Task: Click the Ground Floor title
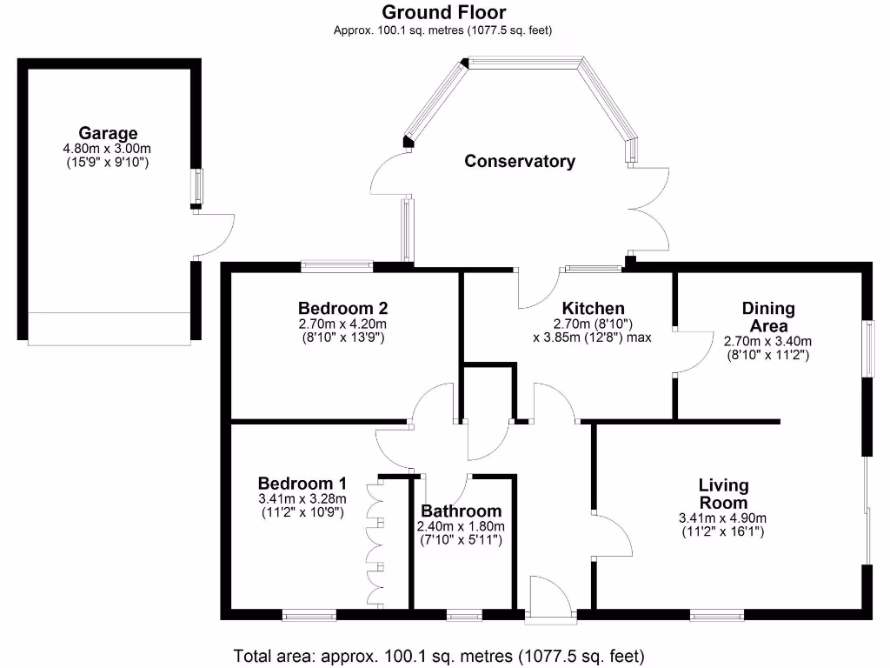pos(443,12)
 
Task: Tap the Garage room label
pos(108,133)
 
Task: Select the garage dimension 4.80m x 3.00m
pos(108,149)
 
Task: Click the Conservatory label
pos(519,161)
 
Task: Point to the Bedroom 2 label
pos(342,308)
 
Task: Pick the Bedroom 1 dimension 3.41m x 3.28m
pos(302,499)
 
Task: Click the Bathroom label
pos(461,511)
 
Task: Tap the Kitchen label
pos(593,308)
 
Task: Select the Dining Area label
pos(767,317)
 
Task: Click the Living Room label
pos(723,494)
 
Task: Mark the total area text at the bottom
pos(439,655)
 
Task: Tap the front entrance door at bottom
pos(550,600)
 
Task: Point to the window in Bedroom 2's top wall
pos(336,265)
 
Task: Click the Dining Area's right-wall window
pos(867,350)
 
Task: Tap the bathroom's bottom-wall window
pos(464,615)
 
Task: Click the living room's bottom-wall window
pos(717,615)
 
